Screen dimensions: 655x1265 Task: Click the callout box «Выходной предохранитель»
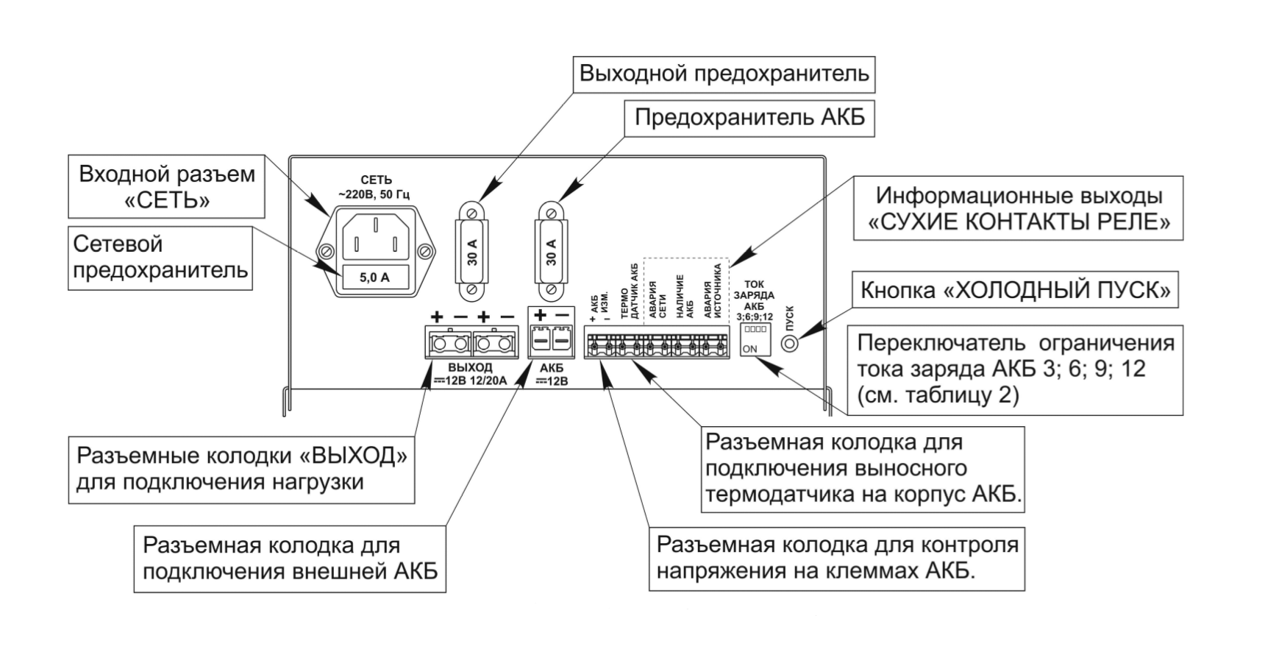pos(724,74)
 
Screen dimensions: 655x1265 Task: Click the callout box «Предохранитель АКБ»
pos(749,118)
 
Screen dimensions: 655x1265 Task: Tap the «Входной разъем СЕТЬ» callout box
pos(166,186)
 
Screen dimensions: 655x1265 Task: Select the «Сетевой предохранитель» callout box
pos(160,257)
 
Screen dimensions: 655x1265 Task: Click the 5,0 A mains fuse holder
pos(374,277)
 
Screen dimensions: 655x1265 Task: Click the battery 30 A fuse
pos(552,251)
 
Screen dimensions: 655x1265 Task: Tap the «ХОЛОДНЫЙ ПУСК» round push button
pos(790,344)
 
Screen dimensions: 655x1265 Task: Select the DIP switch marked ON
pos(755,339)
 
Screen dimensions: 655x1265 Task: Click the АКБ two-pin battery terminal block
pos(551,341)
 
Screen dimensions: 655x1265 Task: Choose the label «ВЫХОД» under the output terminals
pos(470,367)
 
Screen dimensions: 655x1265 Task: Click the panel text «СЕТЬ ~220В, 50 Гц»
pos(374,187)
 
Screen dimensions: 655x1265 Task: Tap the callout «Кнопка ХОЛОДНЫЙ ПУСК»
pos(1015,291)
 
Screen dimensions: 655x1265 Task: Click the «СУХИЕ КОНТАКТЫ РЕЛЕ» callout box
pos(1018,208)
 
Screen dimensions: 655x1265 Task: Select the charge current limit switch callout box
pos(1015,369)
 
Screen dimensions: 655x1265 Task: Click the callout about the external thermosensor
pos(863,468)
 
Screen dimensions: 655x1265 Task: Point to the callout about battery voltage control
pos(836,558)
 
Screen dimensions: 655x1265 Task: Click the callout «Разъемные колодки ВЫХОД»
pos(241,469)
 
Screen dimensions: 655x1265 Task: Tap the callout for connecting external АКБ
pos(290,558)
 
